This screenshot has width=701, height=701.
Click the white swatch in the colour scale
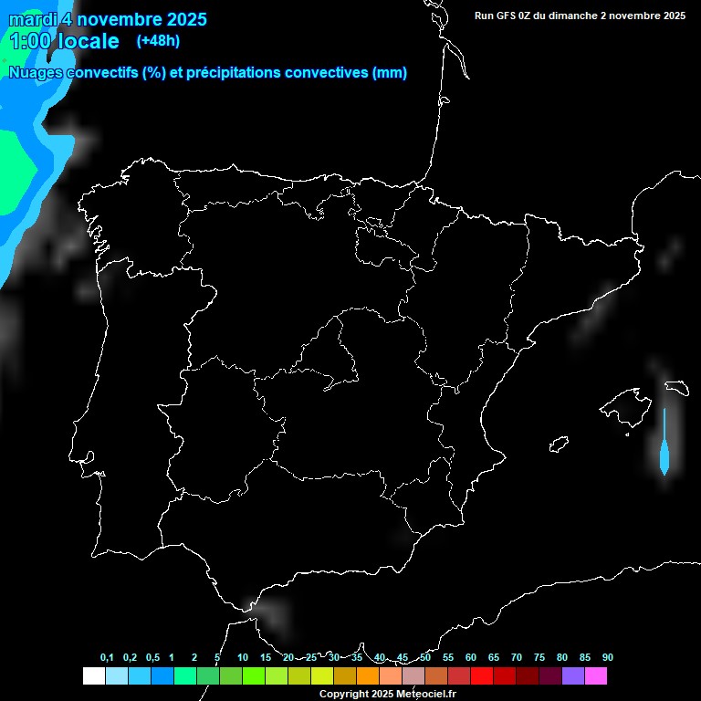click(x=93, y=676)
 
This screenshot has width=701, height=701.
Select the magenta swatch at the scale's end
click(x=596, y=676)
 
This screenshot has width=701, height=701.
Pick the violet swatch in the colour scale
click(x=573, y=676)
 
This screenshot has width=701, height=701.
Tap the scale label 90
click(x=607, y=658)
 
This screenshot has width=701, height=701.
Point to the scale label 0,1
click(x=107, y=658)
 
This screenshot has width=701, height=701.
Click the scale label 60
click(x=470, y=658)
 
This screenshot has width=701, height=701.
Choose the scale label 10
click(x=242, y=658)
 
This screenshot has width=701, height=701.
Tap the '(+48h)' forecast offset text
click(x=158, y=41)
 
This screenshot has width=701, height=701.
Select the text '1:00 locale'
click(x=64, y=41)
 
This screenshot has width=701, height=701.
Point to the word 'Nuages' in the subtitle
click(x=36, y=73)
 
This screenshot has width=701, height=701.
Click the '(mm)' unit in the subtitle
click(x=390, y=73)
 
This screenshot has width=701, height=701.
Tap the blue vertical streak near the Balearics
click(x=664, y=447)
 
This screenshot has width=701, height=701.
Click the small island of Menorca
click(x=676, y=387)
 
